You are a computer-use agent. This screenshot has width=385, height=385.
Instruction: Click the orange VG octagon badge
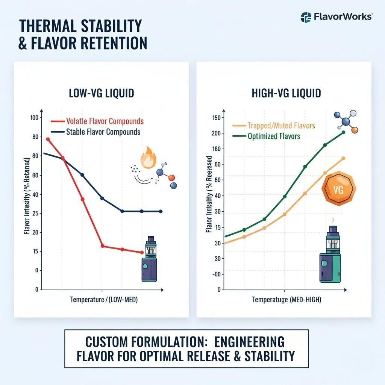click(x=338, y=190)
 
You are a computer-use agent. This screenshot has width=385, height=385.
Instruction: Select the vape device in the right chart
click(x=330, y=256)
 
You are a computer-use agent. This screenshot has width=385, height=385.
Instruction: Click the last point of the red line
click(x=141, y=252)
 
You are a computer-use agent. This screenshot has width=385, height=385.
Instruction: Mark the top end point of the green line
click(x=343, y=132)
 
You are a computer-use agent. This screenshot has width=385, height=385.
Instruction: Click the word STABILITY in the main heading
click(x=107, y=27)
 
